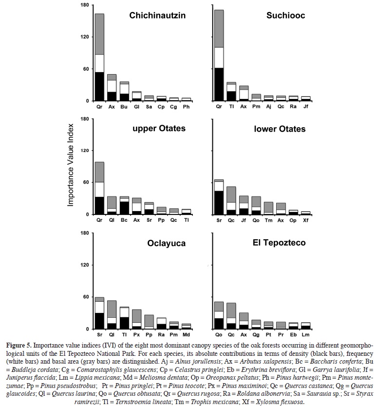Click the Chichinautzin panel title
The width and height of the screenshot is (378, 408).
pyautogui.click(x=157, y=16)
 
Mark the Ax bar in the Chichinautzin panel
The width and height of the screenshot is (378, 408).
pyautogui.click(x=112, y=88)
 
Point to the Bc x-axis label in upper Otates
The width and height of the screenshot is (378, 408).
pyautogui.click(x=124, y=220)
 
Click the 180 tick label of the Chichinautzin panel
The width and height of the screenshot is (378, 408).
pyautogui.click(x=84, y=5)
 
